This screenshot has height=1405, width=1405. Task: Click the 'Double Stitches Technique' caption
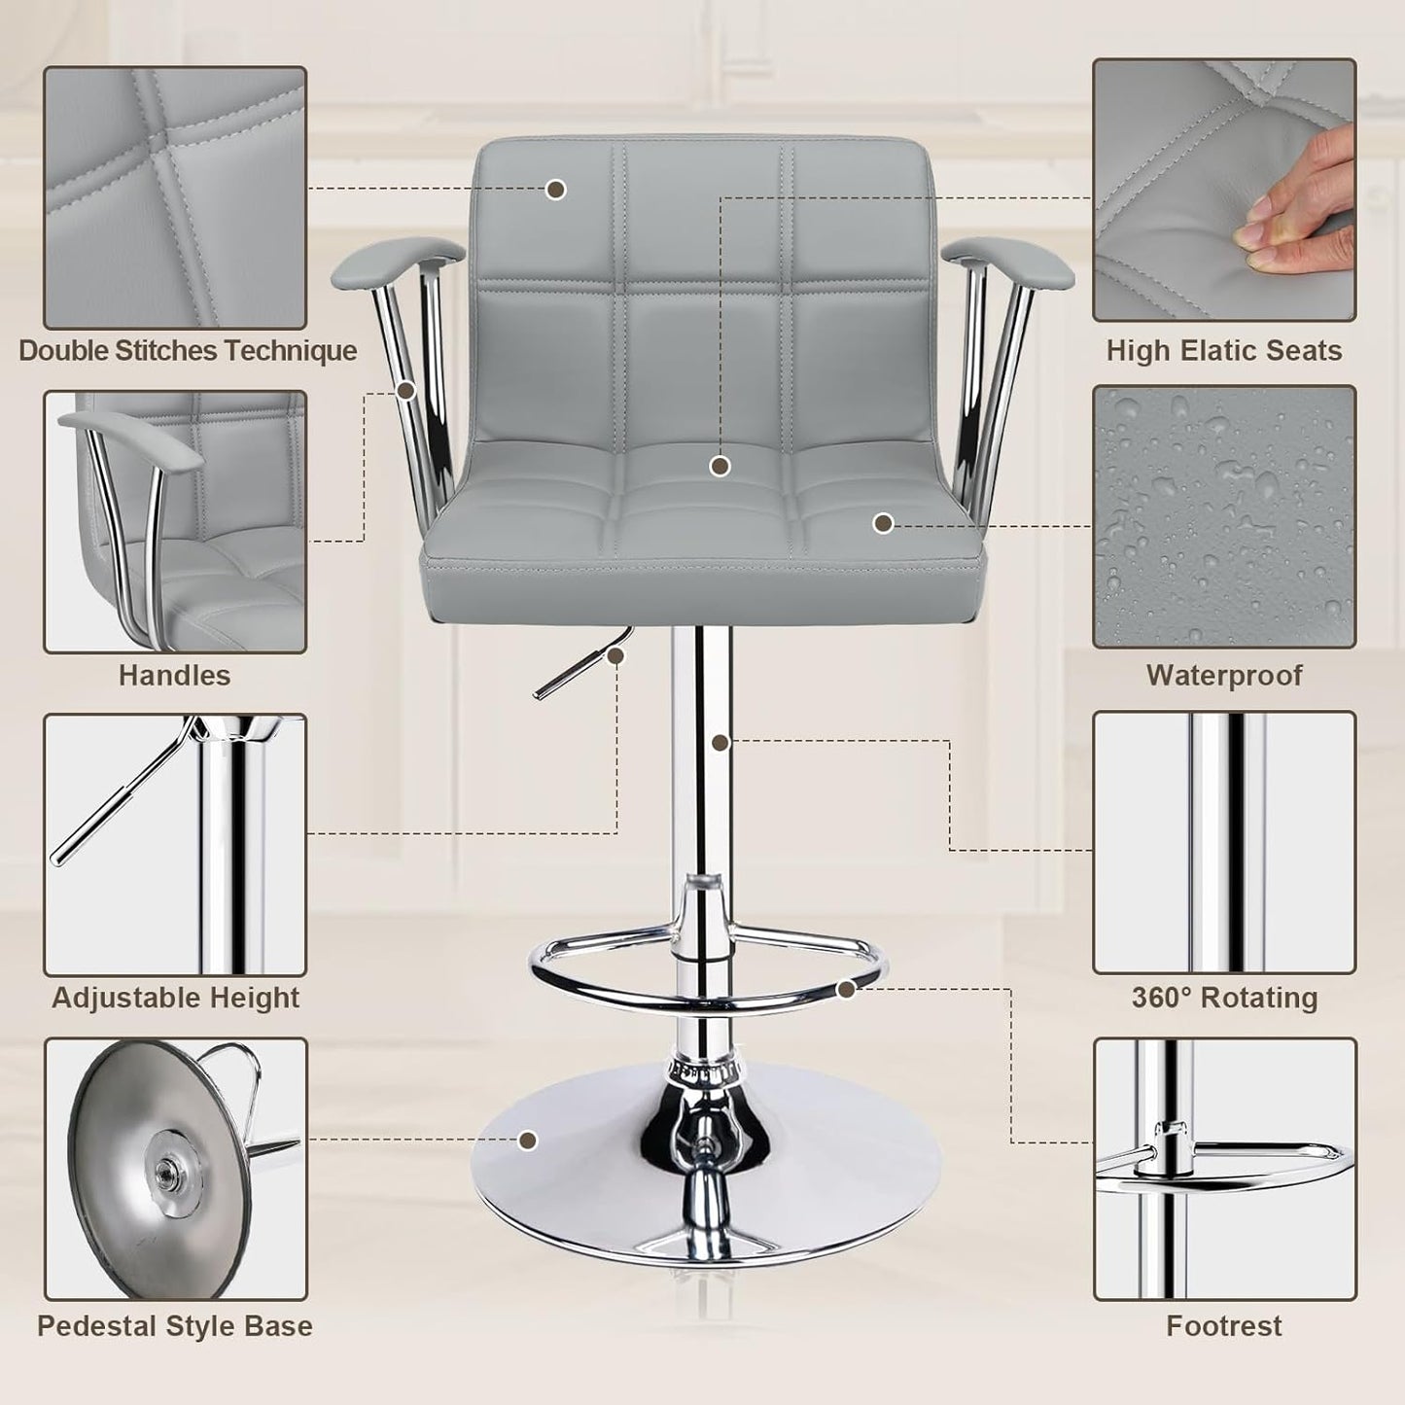[x=188, y=350]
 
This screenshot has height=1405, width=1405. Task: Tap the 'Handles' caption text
[x=175, y=675]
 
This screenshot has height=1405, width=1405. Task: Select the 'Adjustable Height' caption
[x=175, y=998]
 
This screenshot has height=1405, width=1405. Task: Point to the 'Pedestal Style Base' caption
[x=175, y=1325]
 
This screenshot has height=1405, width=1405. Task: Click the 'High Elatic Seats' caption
[x=1224, y=350]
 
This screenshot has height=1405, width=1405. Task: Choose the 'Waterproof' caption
[x=1224, y=675]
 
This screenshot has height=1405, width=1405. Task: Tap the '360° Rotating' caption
[x=1224, y=998]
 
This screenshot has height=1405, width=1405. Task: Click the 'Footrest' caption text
[x=1224, y=1325]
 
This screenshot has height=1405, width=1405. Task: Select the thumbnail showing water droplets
[x=1224, y=516]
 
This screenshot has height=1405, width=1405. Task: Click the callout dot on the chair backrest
[x=556, y=190]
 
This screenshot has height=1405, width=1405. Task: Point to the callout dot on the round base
[x=528, y=1140]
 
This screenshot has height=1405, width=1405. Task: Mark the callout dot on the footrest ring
[x=846, y=989]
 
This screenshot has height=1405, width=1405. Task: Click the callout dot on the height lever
[x=615, y=656]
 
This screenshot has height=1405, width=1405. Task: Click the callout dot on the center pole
[x=720, y=743]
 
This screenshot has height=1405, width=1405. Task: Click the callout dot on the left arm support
[x=406, y=391]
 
